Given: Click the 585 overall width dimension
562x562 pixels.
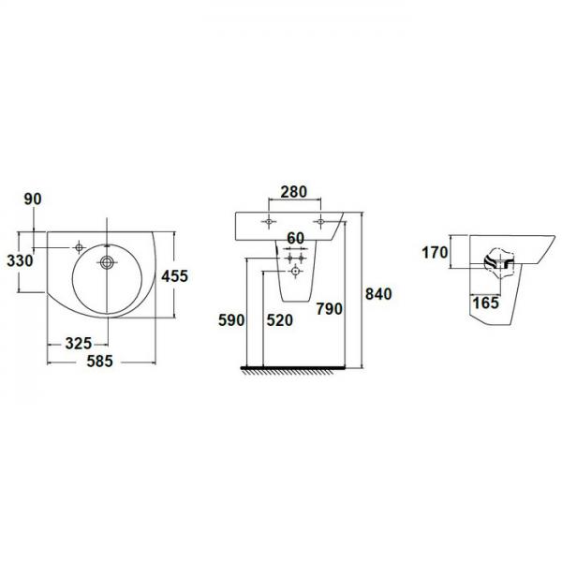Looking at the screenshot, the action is (x=99, y=361).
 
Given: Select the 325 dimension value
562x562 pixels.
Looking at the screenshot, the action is (x=79, y=344).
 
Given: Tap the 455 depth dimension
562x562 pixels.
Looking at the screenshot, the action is (x=174, y=276).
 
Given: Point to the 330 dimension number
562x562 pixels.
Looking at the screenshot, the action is (x=20, y=261).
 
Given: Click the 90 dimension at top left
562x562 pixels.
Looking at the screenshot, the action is (x=33, y=199).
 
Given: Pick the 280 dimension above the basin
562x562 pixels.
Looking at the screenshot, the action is (x=294, y=192).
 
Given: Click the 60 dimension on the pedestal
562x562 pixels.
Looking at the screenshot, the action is (x=296, y=238).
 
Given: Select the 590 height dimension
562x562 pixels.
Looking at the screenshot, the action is (x=231, y=320).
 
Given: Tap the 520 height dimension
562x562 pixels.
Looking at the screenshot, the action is (x=279, y=320).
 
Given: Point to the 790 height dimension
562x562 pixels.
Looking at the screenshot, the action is (x=329, y=308).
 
